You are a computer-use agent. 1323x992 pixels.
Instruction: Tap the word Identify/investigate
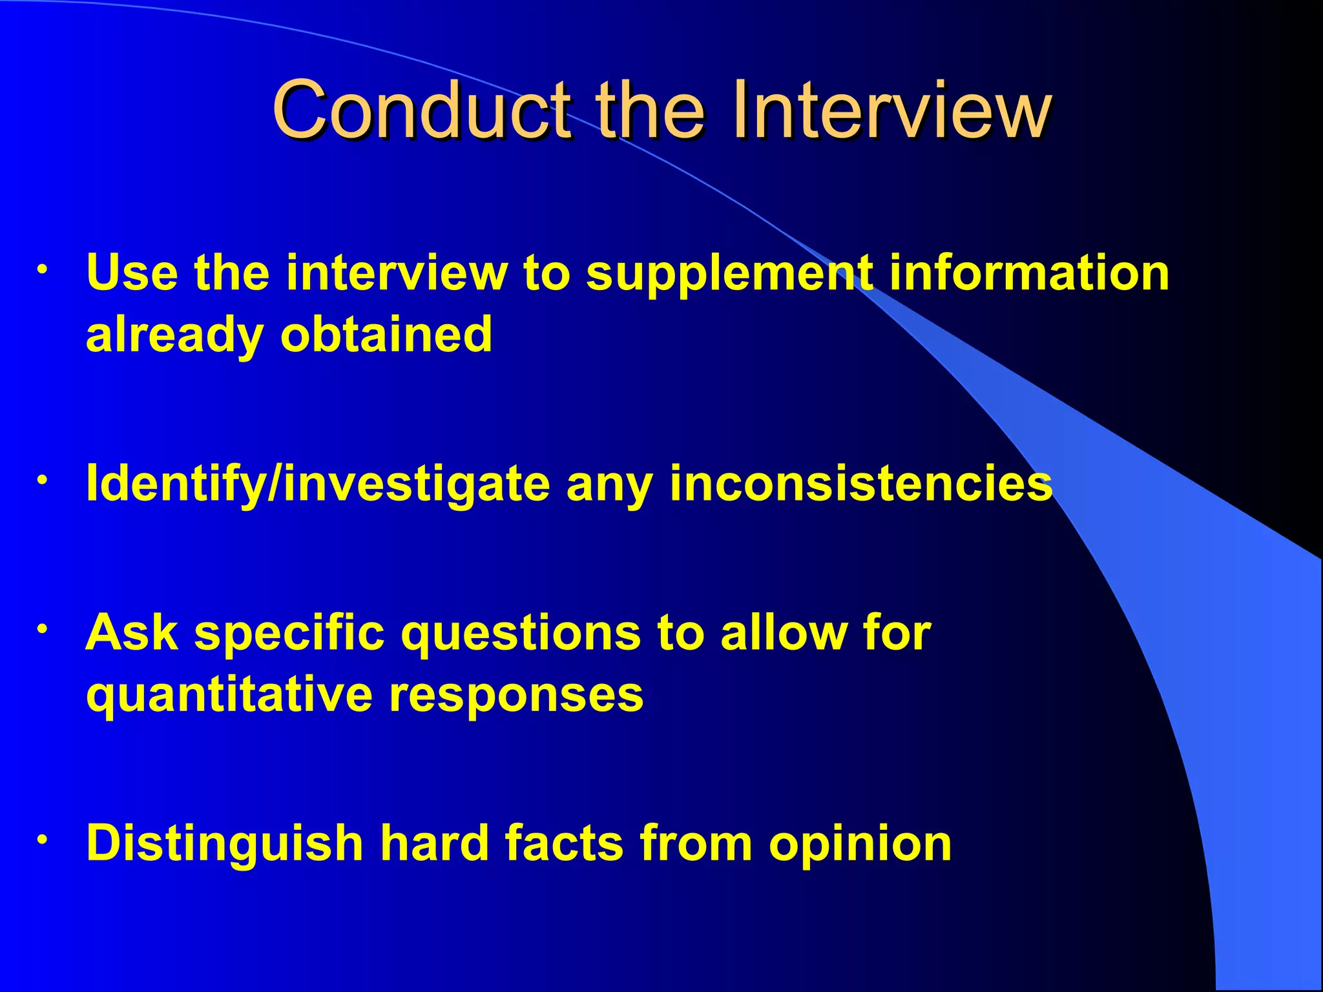click(318, 484)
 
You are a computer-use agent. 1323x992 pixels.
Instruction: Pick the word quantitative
click(229, 696)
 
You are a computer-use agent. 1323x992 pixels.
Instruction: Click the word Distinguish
click(225, 845)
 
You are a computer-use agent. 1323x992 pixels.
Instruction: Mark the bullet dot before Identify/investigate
click(42, 480)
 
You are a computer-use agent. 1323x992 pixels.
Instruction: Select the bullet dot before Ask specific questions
click(42, 628)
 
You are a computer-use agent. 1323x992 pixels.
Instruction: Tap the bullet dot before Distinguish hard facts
click(42, 840)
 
